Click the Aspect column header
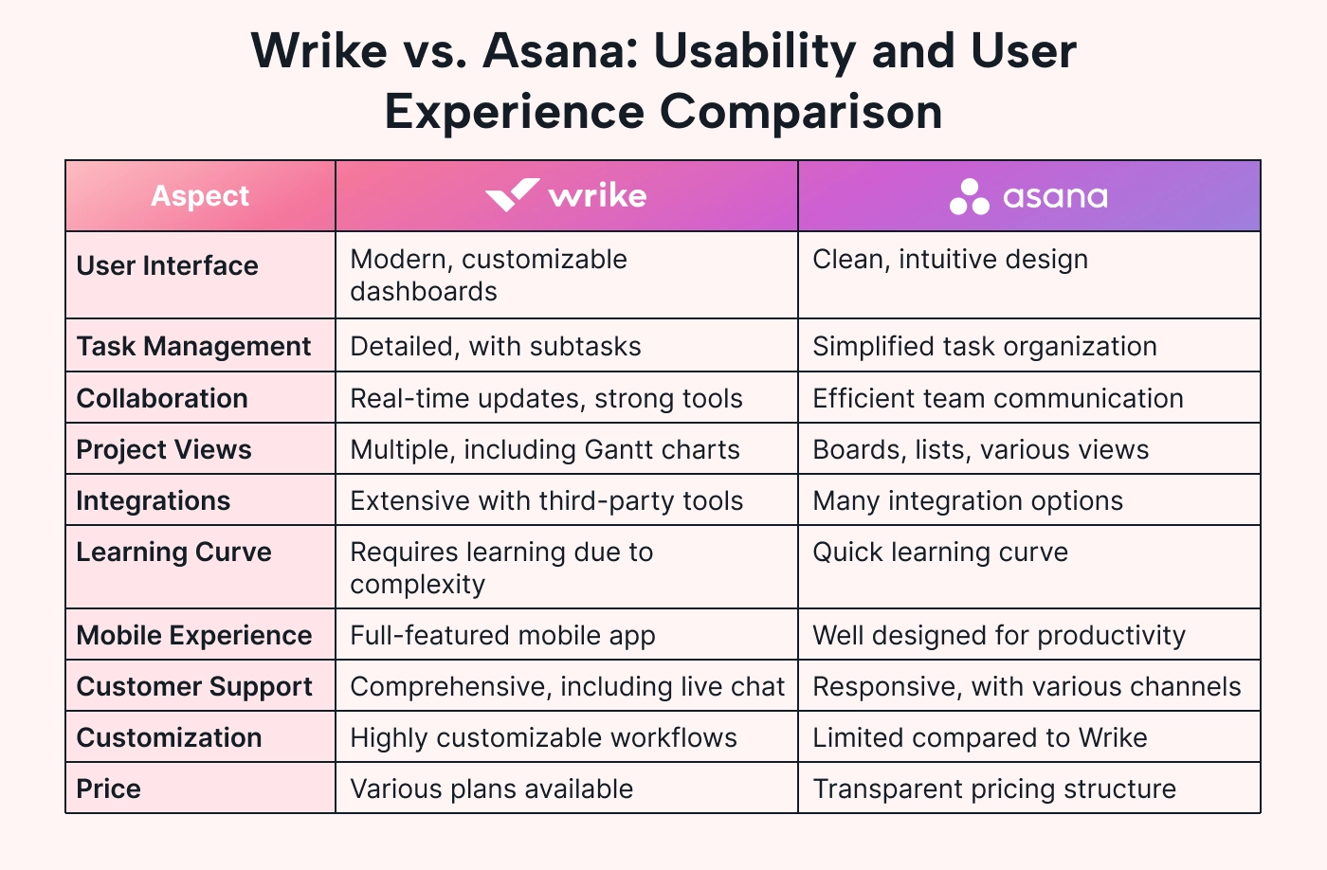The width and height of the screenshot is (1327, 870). pos(200,195)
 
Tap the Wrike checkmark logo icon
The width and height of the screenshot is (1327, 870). pos(513,195)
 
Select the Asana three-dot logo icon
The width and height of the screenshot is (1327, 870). pos(969,196)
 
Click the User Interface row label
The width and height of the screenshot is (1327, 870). pos(168,265)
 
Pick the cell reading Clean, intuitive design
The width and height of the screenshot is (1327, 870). pos(950,260)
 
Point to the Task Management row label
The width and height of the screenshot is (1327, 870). pos(193,346)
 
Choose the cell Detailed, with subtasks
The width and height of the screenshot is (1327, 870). pos(495,346)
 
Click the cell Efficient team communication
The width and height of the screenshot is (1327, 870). pos(997,398)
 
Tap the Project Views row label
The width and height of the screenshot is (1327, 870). pos(164,449)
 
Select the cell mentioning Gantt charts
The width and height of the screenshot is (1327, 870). pos(545,449)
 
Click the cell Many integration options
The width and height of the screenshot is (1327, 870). pos(968,501)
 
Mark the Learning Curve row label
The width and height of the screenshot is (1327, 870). pos(174,552)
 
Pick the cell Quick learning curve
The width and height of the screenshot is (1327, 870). pos(940,552)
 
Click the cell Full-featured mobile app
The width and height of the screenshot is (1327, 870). pos(503,636)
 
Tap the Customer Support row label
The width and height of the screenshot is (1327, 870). pos(194,686)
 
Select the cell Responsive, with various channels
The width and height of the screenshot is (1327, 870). pos(1027,686)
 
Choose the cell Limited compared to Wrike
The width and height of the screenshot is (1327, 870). pos(980,738)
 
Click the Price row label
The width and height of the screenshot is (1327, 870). pos(109,788)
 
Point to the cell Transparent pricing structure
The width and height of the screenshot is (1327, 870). pos(994,788)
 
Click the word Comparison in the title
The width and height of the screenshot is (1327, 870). pos(801,112)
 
